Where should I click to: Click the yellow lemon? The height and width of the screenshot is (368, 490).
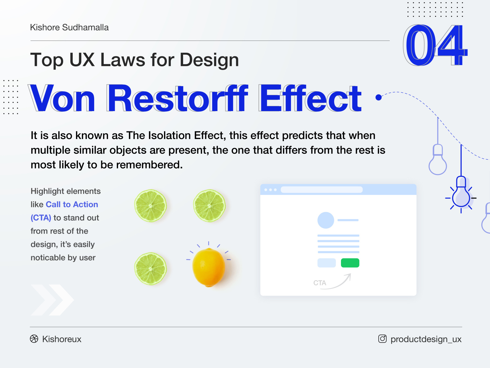[209, 267]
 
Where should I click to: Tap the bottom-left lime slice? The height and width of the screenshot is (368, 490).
[151, 269]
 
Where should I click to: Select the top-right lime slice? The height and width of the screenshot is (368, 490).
[209, 206]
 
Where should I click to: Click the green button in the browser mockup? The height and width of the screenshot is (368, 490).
[350, 263]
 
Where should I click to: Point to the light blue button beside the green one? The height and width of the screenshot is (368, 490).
[327, 263]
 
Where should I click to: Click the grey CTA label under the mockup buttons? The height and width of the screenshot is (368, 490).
[320, 283]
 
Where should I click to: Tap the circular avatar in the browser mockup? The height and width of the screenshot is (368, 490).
[326, 220]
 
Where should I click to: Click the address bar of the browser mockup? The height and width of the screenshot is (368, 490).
[321, 190]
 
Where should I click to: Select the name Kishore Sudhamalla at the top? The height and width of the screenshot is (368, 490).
[69, 28]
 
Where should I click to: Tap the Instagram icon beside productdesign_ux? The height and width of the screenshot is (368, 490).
[382, 339]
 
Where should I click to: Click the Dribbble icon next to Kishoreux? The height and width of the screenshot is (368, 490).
[34, 339]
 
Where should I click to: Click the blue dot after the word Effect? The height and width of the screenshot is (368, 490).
[379, 98]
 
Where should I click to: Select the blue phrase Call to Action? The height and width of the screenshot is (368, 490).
[72, 204]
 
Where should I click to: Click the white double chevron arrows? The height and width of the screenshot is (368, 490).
[52, 300]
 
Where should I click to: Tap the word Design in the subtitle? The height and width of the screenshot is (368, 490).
[209, 60]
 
